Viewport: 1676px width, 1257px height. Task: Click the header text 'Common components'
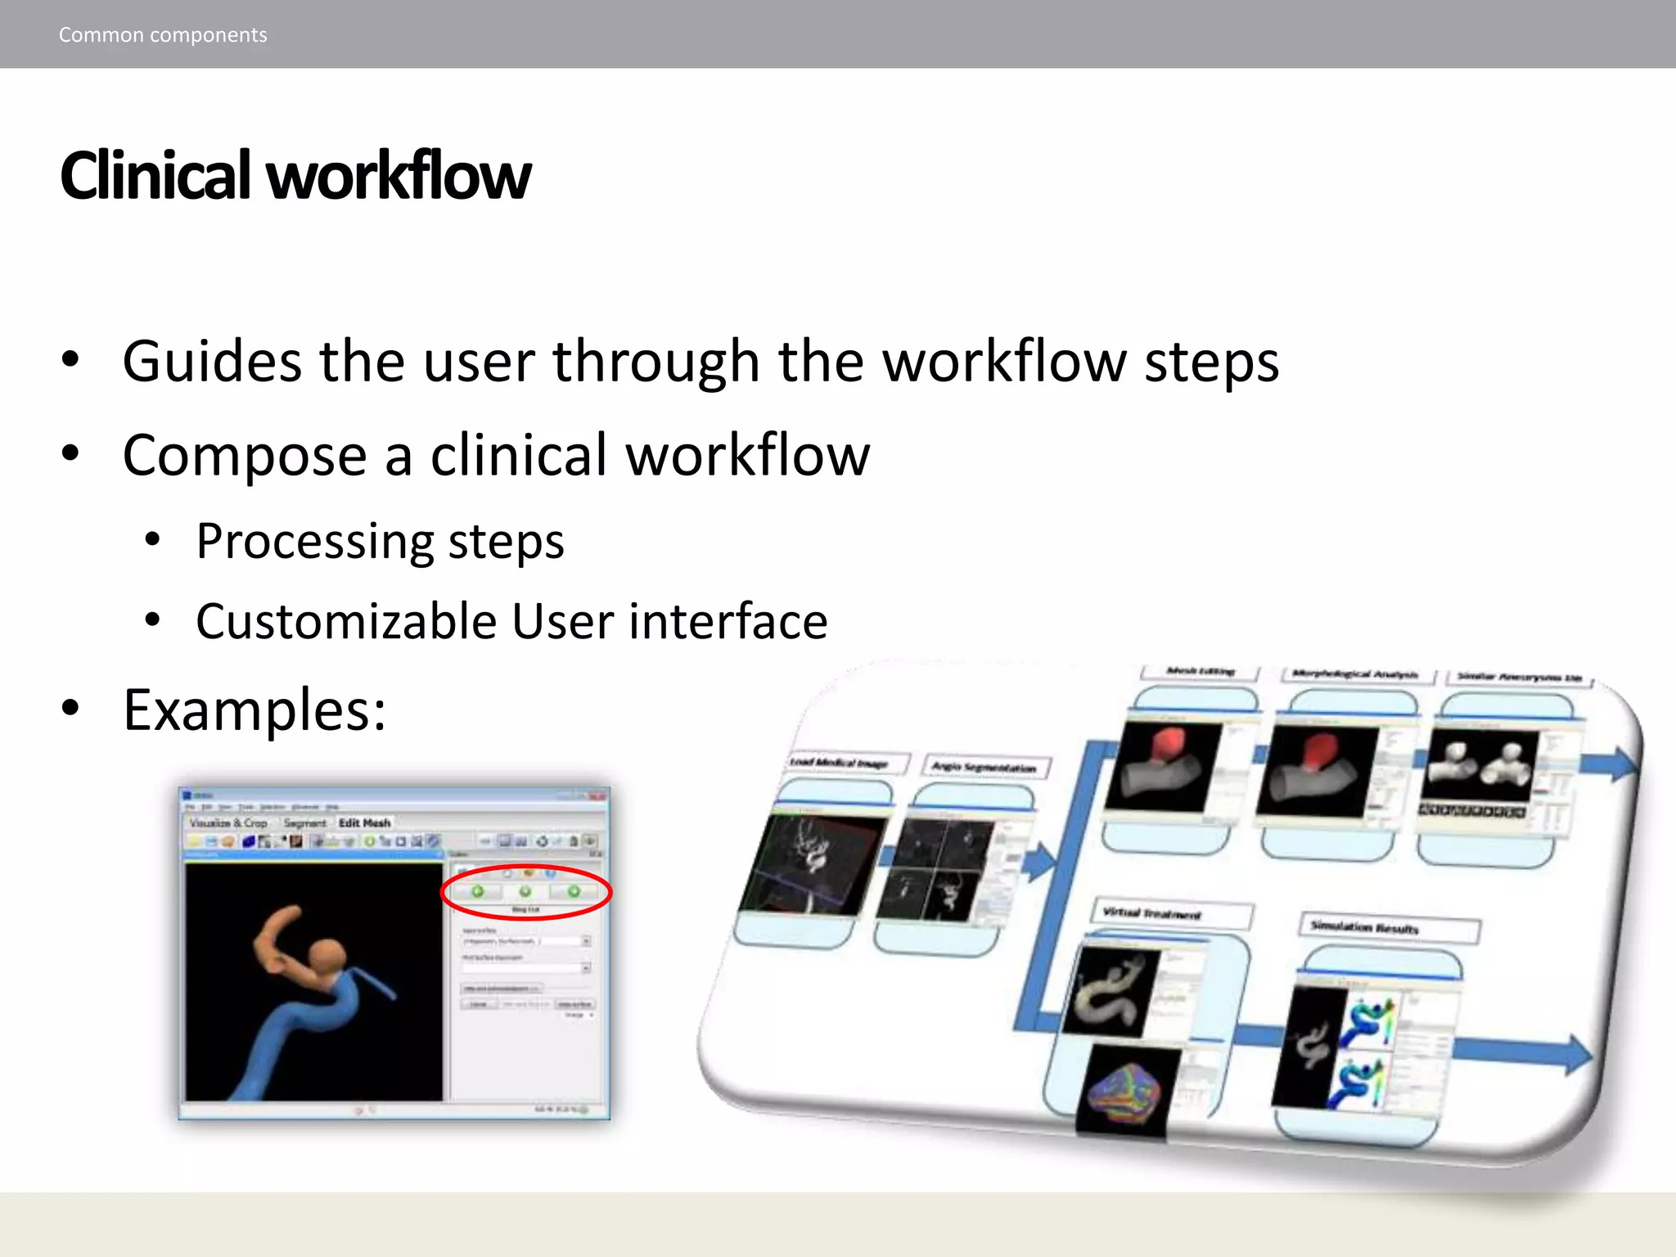[163, 35]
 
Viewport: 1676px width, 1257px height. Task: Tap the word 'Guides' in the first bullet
[212, 361]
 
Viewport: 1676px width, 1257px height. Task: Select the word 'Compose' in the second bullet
[245, 456]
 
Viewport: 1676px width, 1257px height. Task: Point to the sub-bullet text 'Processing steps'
[380, 542]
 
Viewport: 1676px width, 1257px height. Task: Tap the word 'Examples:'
[255, 710]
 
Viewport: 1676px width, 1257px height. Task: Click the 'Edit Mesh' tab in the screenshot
[365, 822]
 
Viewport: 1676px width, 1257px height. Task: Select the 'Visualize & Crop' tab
[229, 822]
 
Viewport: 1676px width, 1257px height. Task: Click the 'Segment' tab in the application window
[304, 822]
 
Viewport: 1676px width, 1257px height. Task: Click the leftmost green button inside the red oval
[477, 891]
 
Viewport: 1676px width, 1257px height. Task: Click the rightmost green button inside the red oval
[574, 891]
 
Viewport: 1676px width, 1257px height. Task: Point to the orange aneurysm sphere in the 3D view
[328, 954]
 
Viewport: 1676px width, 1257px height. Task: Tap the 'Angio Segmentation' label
[985, 768]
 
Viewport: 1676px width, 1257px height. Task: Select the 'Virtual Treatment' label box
[1170, 914]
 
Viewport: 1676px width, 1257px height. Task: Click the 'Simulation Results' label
[1388, 928]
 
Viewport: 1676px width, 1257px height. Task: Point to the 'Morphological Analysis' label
[1355, 675]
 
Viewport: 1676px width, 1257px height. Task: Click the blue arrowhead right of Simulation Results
[1576, 1053]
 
